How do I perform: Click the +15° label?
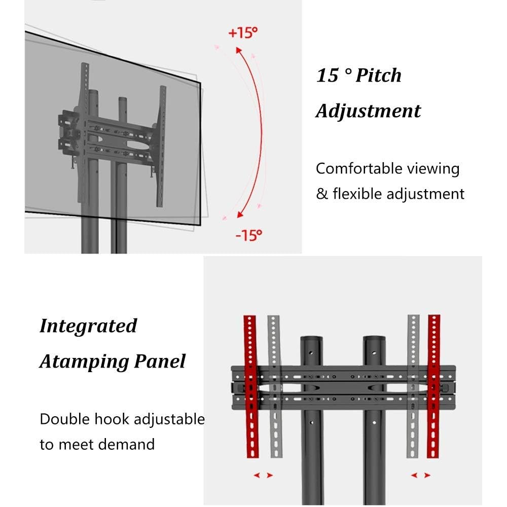243,32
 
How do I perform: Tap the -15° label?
248,235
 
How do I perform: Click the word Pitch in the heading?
378,76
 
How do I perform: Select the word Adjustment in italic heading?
368,112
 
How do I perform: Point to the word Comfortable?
358,168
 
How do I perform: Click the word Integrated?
88,327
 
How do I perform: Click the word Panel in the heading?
160,361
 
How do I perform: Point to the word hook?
112,419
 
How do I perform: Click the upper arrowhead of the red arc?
239,50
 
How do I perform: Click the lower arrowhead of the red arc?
240,214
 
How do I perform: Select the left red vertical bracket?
251,386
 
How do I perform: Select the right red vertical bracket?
433,386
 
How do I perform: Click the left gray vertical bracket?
275,386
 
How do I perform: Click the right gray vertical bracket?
413,386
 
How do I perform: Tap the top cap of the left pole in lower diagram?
311,339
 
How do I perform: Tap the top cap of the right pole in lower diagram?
374,339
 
